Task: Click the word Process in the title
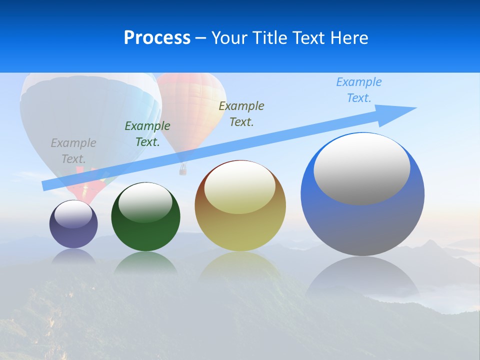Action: [157, 38]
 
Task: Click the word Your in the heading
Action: [230, 38]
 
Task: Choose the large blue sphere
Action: [362, 225]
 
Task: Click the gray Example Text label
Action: [73, 151]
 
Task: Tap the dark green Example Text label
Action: [147, 134]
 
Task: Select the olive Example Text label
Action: [241, 114]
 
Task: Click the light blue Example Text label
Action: [359, 90]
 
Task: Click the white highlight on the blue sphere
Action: [362, 169]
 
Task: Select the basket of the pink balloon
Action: [183, 170]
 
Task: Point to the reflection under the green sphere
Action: [145, 262]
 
